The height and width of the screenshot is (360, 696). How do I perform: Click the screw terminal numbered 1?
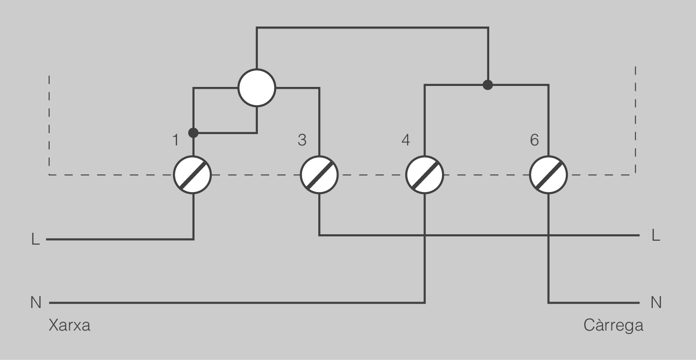tap(193, 175)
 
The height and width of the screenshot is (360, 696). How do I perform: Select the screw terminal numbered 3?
tap(319, 175)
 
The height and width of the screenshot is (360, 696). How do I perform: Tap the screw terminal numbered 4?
tap(425, 175)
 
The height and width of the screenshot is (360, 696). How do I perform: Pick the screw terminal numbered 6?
tap(549, 175)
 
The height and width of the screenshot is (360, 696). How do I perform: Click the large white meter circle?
tap(257, 88)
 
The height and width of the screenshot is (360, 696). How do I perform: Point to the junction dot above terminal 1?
tap(193, 133)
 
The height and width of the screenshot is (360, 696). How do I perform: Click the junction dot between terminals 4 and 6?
tap(488, 85)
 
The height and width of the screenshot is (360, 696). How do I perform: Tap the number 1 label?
tap(176, 140)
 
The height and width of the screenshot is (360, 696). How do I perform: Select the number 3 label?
tap(302, 140)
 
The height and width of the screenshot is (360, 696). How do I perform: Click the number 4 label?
tap(406, 140)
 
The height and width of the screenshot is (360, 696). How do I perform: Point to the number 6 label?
tap(534, 140)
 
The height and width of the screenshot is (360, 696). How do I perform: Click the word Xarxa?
tap(70, 326)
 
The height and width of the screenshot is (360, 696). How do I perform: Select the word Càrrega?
tap(613, 326)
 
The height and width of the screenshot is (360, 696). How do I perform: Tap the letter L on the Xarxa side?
tap(36, 240)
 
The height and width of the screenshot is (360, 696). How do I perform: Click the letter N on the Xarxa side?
tap(36, 302)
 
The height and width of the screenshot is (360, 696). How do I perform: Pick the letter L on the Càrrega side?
tap(656, 235)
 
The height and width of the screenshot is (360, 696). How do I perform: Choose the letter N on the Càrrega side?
tap(656, 302)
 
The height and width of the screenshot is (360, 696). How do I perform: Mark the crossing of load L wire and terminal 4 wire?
tap(425, 235)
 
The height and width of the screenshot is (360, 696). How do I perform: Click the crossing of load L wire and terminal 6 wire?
tap(549, 235)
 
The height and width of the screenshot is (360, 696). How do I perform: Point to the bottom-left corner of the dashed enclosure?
tap(49, 175)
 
